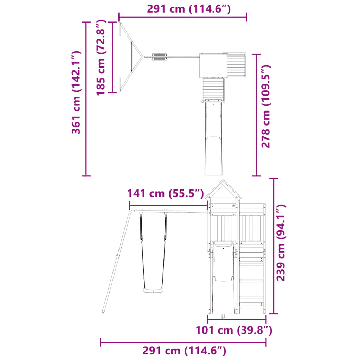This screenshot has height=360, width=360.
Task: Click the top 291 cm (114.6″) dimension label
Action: point(189,9)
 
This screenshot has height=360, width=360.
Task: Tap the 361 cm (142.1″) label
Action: point(76,92)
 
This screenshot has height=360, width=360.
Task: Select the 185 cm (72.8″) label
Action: point(101,57)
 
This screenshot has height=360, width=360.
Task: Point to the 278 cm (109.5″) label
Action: point(266,106)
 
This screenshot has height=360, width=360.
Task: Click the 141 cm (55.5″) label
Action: point(166,194)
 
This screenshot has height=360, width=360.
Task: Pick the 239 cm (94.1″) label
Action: point(281,243)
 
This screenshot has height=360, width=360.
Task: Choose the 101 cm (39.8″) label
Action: point(234,330)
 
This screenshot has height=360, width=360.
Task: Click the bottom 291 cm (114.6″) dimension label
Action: point(184,351)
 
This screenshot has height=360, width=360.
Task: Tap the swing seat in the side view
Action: point(153,290)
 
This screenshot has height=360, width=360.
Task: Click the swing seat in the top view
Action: point(159,57)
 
